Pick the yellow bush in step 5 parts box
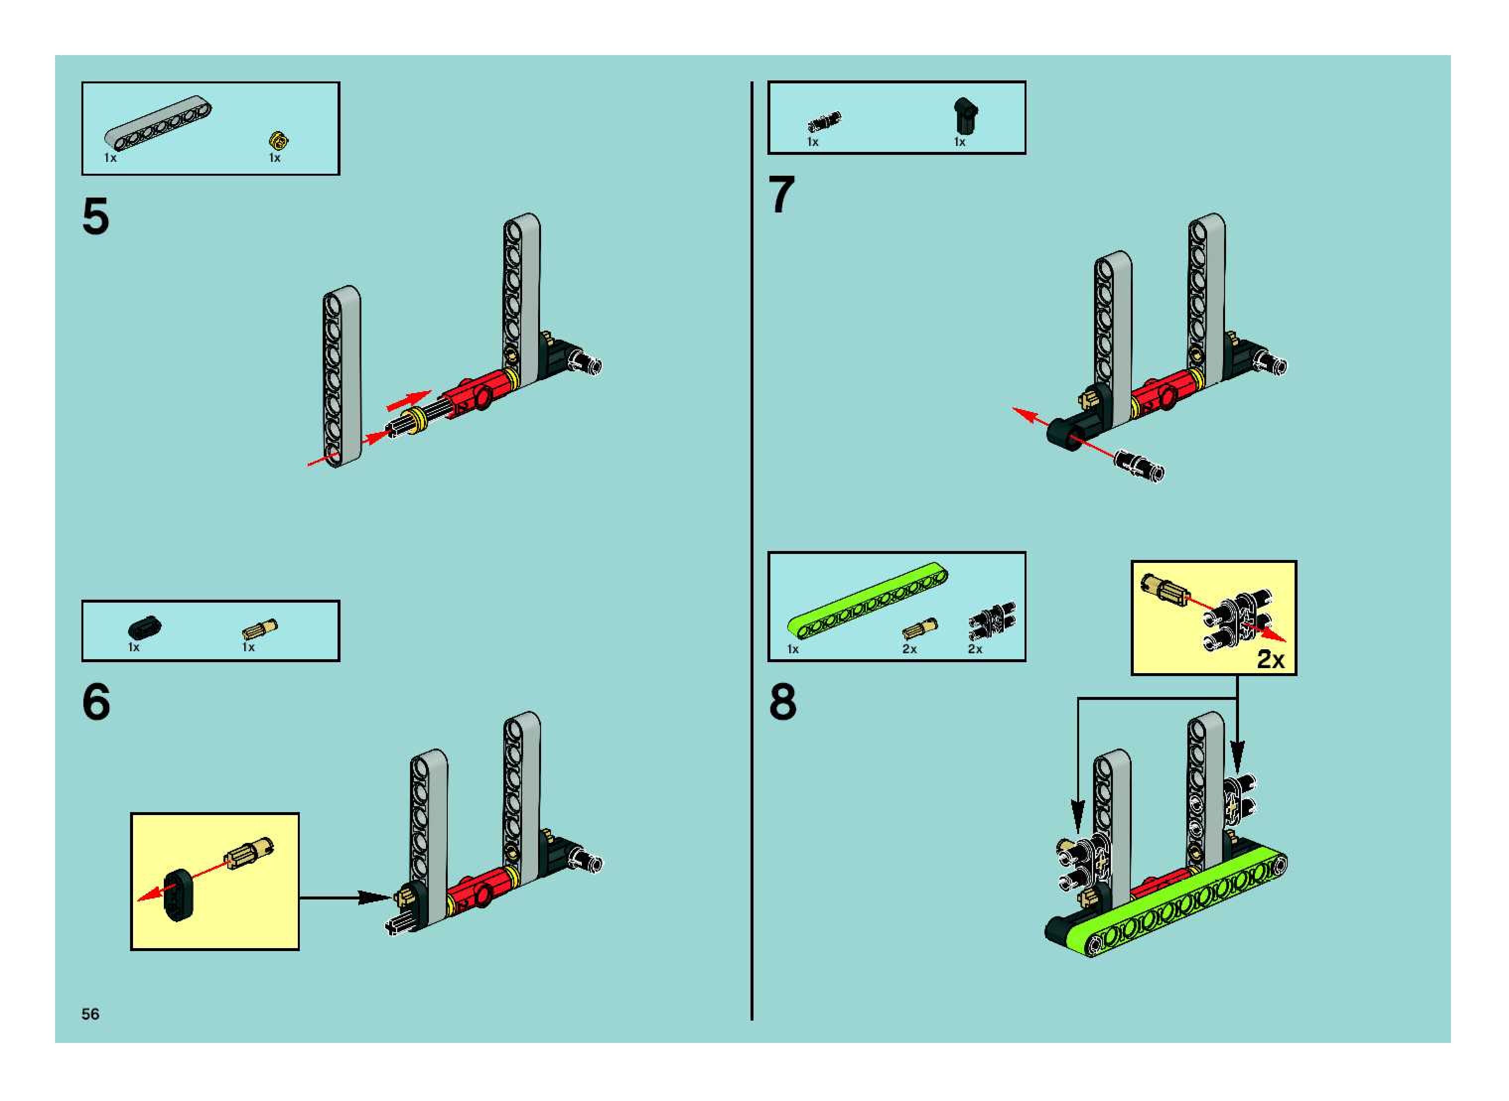pos(278,140)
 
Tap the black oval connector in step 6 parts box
pos(144,628)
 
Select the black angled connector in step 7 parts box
pos(964,116)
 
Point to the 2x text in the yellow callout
pos(1270,659)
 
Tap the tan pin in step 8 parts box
pos(919,628)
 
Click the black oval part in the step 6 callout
pos(177,895)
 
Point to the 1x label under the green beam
pos(793,649)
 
